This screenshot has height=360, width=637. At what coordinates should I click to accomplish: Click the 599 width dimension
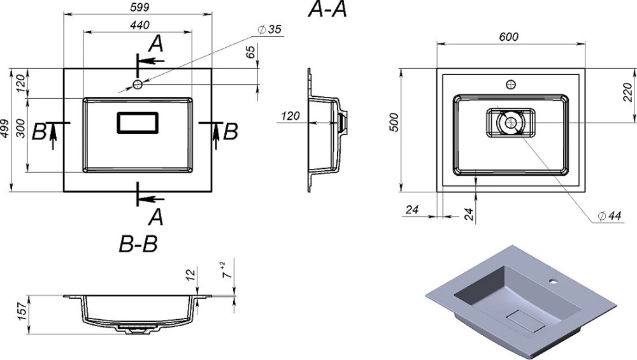coord(140,7)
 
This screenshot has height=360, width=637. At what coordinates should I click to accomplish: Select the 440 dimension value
coord(140,25)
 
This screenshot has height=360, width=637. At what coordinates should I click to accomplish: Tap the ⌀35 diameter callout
coord(269,30)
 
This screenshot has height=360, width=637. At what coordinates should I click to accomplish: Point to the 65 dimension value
coord(250,52)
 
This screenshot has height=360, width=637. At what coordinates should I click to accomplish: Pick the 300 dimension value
coord(21,129)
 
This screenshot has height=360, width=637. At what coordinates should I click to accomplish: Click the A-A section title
coord(327,10)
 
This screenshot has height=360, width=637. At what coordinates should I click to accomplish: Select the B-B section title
coord(138,244)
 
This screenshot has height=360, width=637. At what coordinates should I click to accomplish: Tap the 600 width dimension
coord(508,37)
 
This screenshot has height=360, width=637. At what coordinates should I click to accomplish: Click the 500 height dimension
coord(394,122)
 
